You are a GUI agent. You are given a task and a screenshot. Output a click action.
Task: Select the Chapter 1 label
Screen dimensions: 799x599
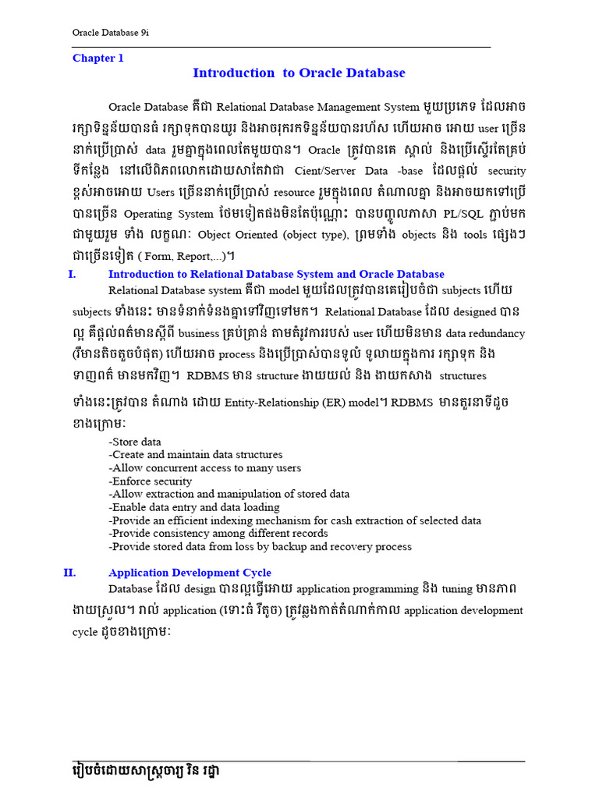point(98,58)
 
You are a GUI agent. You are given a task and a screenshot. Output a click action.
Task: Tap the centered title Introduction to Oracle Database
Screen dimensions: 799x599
point(299,73)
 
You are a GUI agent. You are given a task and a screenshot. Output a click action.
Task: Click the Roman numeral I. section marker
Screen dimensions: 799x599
point(72,274)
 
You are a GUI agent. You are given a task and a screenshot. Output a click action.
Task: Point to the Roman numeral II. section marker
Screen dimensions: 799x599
point(69,573)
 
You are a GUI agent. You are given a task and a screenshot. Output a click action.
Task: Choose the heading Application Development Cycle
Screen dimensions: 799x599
point(190,573)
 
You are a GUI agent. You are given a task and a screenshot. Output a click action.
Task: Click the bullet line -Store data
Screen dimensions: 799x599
point(135,442)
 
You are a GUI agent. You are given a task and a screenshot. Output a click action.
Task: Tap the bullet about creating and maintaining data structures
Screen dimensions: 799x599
point(196,455)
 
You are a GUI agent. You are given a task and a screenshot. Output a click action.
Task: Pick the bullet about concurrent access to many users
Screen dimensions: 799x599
point(205,468)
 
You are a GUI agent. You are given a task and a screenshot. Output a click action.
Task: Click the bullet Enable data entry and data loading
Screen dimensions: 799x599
point(194,507)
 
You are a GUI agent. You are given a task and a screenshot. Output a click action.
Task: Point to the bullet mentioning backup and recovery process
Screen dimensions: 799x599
point(261,547)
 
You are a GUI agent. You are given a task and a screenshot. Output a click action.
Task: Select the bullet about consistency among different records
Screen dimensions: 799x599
point(218,534)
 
